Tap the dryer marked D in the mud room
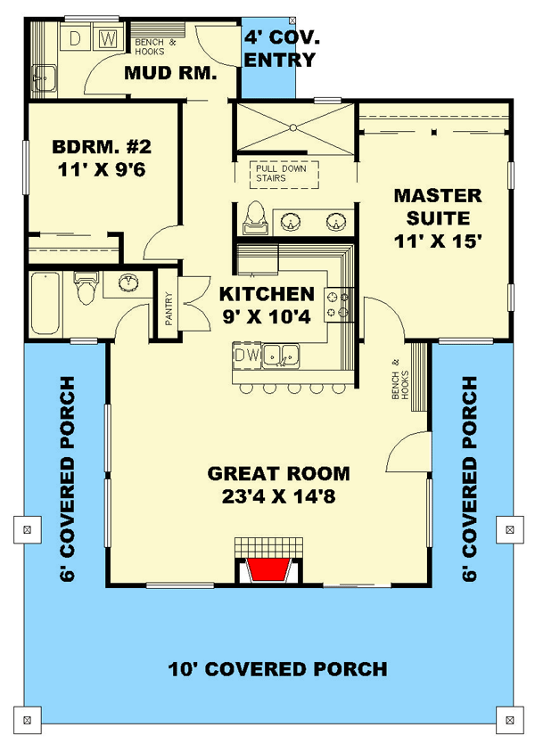point(75,39)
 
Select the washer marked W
point(108,39)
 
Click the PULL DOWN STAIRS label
point(282,174)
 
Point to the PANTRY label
point(169,308)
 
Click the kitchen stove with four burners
point(339,305)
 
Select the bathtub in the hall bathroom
point(45,303)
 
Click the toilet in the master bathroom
point(256,217)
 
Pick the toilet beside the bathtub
point(86,287)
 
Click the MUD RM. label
point(170,73)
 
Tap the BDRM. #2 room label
point(102,147)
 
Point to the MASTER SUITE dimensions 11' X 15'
point(438,241)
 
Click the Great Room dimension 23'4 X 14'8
point(279,497)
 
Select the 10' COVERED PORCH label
point(277,669)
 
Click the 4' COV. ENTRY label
point(282,49)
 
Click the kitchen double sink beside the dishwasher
point(281,355)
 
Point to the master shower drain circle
point(293,127)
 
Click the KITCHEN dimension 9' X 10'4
point(267,316)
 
